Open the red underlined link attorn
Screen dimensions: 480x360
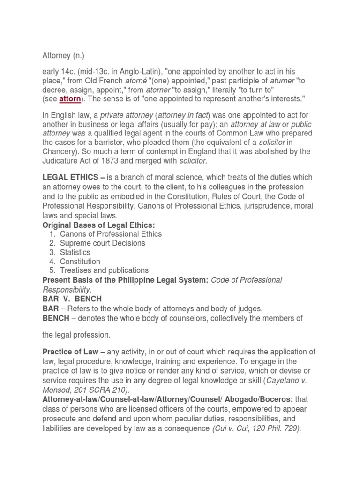70,99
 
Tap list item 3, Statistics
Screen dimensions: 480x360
75,252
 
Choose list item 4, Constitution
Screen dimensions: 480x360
80,262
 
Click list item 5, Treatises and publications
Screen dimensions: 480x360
104,270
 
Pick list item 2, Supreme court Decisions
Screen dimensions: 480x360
102,243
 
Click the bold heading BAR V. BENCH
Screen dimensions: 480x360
72,299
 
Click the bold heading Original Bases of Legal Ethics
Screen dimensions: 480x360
98,225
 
